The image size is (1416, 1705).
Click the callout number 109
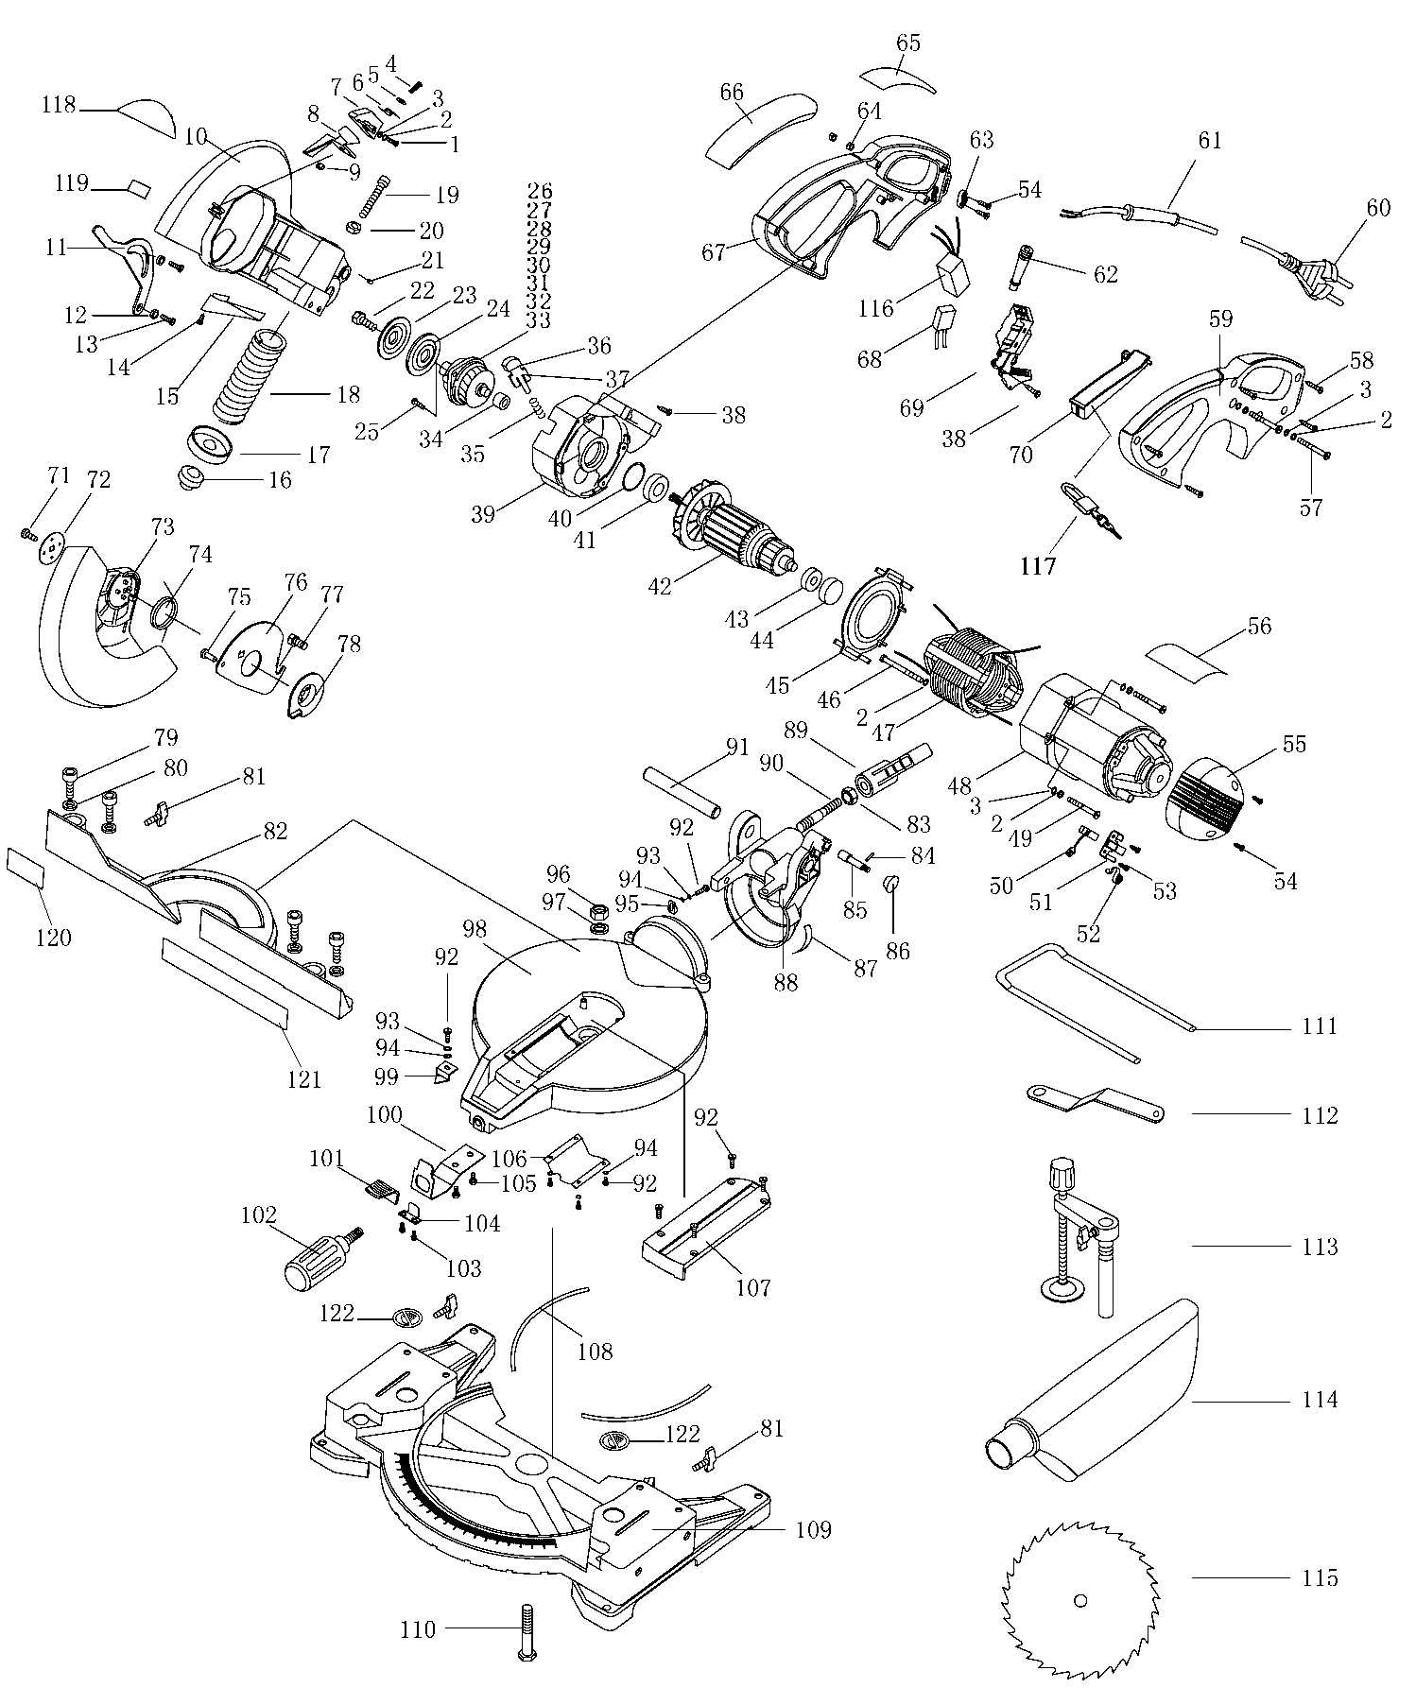coord(813,1529)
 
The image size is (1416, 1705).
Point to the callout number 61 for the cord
coord(1209,141)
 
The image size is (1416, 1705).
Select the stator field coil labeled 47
coord(974,680)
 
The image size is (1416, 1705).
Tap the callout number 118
coord(58,105)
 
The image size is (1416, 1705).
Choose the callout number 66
coord(732,92)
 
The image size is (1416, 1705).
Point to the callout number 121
coord(304,1078)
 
